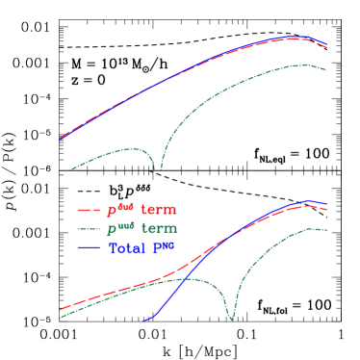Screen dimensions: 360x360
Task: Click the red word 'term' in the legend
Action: (x=159, y=210)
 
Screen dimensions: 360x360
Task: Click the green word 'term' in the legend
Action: (x=160, y=229)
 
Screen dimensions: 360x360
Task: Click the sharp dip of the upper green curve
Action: (x=159, y=167)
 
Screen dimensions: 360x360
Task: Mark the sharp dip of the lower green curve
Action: (x=231, y=318)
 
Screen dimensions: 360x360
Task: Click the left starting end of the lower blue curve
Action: (x=143, y=321)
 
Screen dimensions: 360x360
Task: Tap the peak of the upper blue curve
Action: (x=294, y=38)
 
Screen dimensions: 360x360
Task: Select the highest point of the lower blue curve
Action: (x=307, y=201)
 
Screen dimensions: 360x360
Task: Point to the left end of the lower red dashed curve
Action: (x=60, y=310)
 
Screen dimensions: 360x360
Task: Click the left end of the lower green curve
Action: (x=60, y=318)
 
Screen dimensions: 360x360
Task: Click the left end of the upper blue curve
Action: (x=60, y=139)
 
